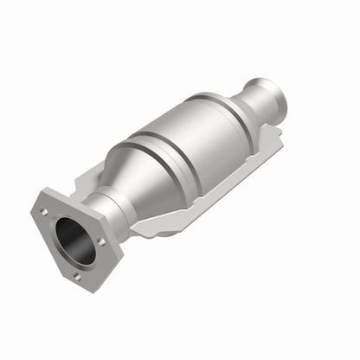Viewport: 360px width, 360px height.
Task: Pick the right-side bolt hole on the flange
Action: pyautogui.click(x=101, y=242)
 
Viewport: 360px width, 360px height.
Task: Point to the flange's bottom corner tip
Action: pyautogui.click(x=79, y=285)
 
